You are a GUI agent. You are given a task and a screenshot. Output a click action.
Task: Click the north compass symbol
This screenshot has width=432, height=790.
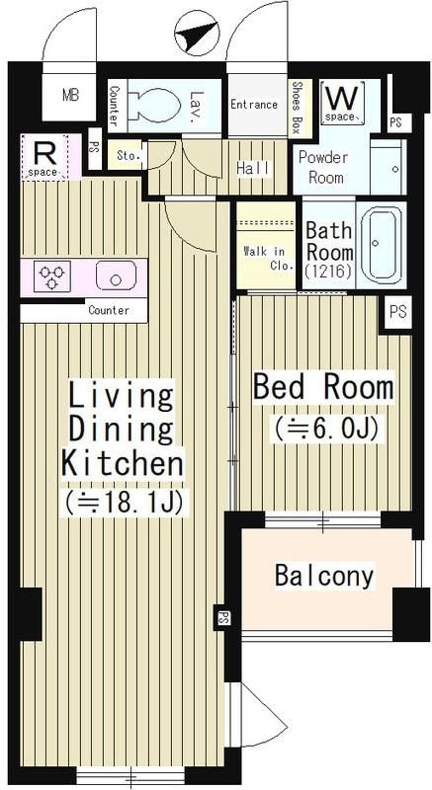pyautogui.click(x=197, y=34)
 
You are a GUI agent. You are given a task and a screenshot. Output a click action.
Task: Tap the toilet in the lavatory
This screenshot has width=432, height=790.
pyautogui.click(x=155, y=106)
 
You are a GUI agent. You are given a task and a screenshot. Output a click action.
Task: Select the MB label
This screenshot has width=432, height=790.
pyautogui.click(x=71, y=95)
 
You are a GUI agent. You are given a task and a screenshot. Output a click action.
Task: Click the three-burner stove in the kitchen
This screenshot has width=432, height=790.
pyautogui.click(x=52, y=276)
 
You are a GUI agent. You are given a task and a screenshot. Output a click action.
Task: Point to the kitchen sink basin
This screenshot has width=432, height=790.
pyautogui.click(x=117, y=276)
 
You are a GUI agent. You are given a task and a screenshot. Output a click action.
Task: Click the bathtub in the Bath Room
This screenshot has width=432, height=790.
pyautogui.click(x=381, y=245)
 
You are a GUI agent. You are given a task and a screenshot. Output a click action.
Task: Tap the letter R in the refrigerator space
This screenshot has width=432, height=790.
pyautogui.click(x=44, y=153)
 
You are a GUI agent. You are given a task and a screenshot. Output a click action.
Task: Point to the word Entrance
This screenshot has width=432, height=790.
pyautogui.click(x=254, y=105)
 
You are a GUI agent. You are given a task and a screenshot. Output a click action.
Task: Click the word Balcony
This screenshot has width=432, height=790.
pyautogui.click(x=324, y=576)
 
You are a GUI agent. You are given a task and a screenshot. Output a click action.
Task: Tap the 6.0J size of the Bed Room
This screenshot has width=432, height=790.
pyautogui.click(x=326, y=429)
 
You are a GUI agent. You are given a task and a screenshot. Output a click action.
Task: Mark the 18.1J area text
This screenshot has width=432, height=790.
pyautogui.click(x=124, y=502)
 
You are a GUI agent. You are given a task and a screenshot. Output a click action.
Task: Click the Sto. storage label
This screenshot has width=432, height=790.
pyautogui.click(x=129, y=155)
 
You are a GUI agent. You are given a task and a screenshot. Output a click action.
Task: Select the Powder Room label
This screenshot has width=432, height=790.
pyautogui.click(x=323, y=167)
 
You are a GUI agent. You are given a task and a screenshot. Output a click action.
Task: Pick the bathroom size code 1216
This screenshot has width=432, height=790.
pyautogui.click(x=327, y=272)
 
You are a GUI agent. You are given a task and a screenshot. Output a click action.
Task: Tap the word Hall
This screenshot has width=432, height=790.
pyautogui.click(x=254, y=168)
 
